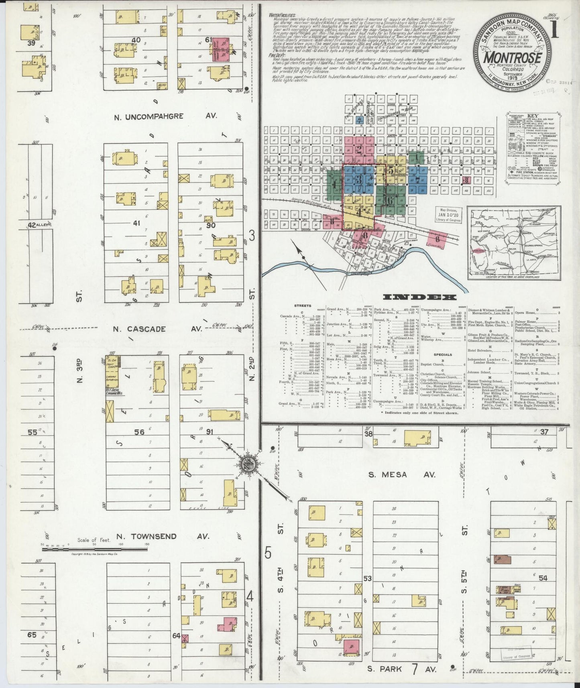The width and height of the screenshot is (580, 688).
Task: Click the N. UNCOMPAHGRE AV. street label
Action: [x=165, y=116]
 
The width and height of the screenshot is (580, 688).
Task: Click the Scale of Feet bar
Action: [x=95, y=548]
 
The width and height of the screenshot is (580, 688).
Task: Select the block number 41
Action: [x=136, y=224]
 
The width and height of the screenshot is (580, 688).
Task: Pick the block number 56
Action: [x=139, y=432]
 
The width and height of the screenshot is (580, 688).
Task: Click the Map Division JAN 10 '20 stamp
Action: [x=449, y=215]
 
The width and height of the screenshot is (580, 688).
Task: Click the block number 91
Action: [x=210, y=432]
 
